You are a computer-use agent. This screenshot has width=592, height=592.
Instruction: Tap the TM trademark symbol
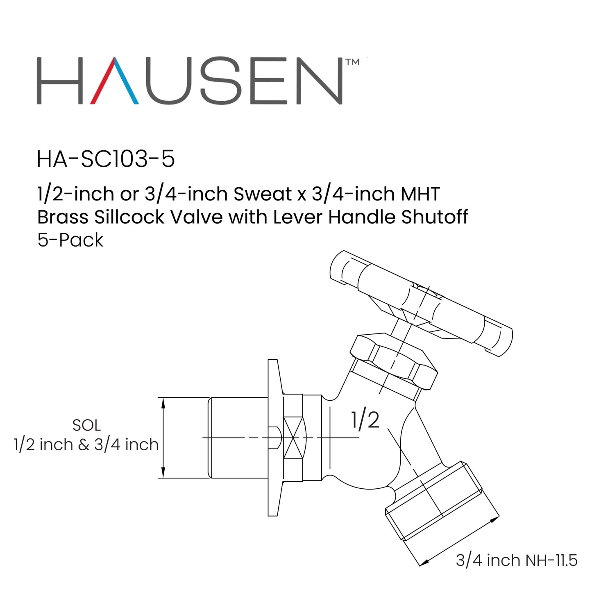point(352,62)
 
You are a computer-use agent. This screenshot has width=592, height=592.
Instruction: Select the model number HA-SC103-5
point(106,159)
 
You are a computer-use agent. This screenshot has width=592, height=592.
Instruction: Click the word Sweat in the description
point(263,194)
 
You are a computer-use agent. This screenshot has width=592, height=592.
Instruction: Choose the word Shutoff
point(435,217)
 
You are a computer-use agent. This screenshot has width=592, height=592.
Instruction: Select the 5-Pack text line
point(70,240)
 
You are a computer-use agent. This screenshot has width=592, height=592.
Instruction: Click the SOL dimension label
point(86,425)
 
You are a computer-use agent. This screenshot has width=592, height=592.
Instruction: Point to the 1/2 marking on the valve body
point(365,420)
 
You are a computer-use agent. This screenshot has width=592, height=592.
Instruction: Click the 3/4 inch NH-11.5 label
point(517,560)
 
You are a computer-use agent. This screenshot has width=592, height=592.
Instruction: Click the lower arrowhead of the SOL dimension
point(163,472)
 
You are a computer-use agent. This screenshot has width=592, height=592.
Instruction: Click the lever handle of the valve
point(422,303)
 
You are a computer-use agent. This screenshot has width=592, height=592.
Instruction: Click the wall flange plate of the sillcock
point(274,438)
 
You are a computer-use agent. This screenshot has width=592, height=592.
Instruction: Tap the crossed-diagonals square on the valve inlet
point(294,438)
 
